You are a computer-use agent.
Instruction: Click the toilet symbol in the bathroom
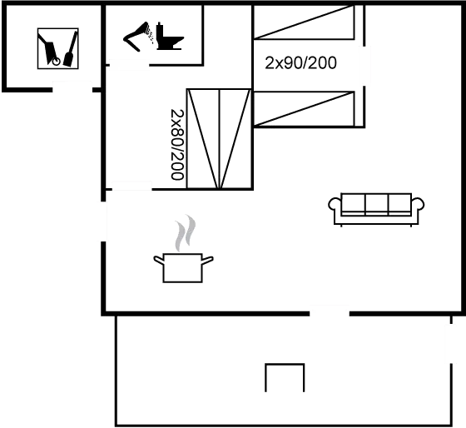tap(170, 36)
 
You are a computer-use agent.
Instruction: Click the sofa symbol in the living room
tap(376, 209)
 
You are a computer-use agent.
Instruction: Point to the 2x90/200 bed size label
tap(300, 63)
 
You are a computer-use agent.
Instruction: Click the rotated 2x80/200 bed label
tap(177, 145)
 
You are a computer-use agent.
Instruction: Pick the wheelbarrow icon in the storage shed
tap(49, 49)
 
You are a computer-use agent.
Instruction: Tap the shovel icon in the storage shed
tap(71, 49)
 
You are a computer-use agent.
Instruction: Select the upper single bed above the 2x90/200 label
tap(304, 22)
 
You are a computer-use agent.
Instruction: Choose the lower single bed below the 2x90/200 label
tap(304, 109)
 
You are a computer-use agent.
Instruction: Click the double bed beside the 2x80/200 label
tap(219, 138)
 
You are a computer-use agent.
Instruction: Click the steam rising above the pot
tap(185, 233)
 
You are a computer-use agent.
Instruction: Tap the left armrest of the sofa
tap(335, 205)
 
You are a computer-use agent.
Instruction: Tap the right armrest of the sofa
tap(418, 205)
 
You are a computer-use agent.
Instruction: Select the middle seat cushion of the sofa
tap(376, 203)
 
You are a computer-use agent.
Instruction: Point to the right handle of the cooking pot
tap(207, 260)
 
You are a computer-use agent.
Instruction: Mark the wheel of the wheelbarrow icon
tap(57, 62)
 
